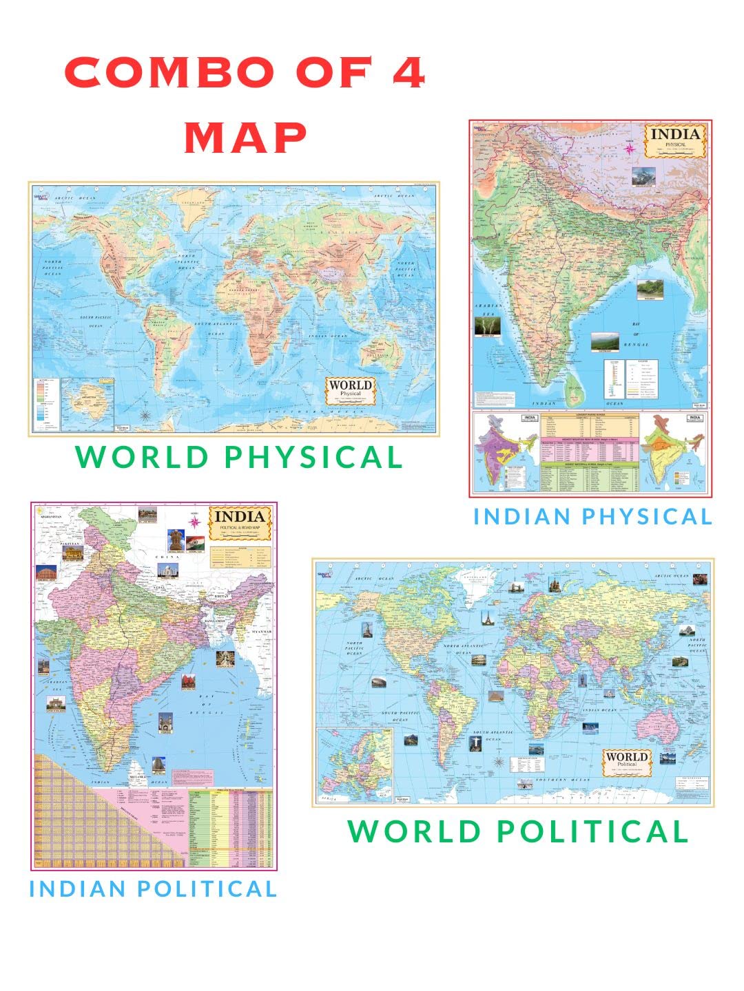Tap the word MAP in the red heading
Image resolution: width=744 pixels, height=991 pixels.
pos(245,138)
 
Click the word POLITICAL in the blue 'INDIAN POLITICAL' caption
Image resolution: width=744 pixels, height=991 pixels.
pos(207,888)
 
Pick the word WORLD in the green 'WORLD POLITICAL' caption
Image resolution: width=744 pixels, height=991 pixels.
pos(414,831)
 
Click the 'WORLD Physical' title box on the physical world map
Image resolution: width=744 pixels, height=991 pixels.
pos(351,390)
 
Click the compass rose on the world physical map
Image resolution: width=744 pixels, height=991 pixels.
pos(146,415)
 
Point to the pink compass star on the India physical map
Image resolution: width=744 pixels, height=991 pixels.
pos(629,148)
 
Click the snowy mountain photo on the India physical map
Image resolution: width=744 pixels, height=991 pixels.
pos(644,175)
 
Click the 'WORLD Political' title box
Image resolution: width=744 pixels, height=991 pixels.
pos(626,761)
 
